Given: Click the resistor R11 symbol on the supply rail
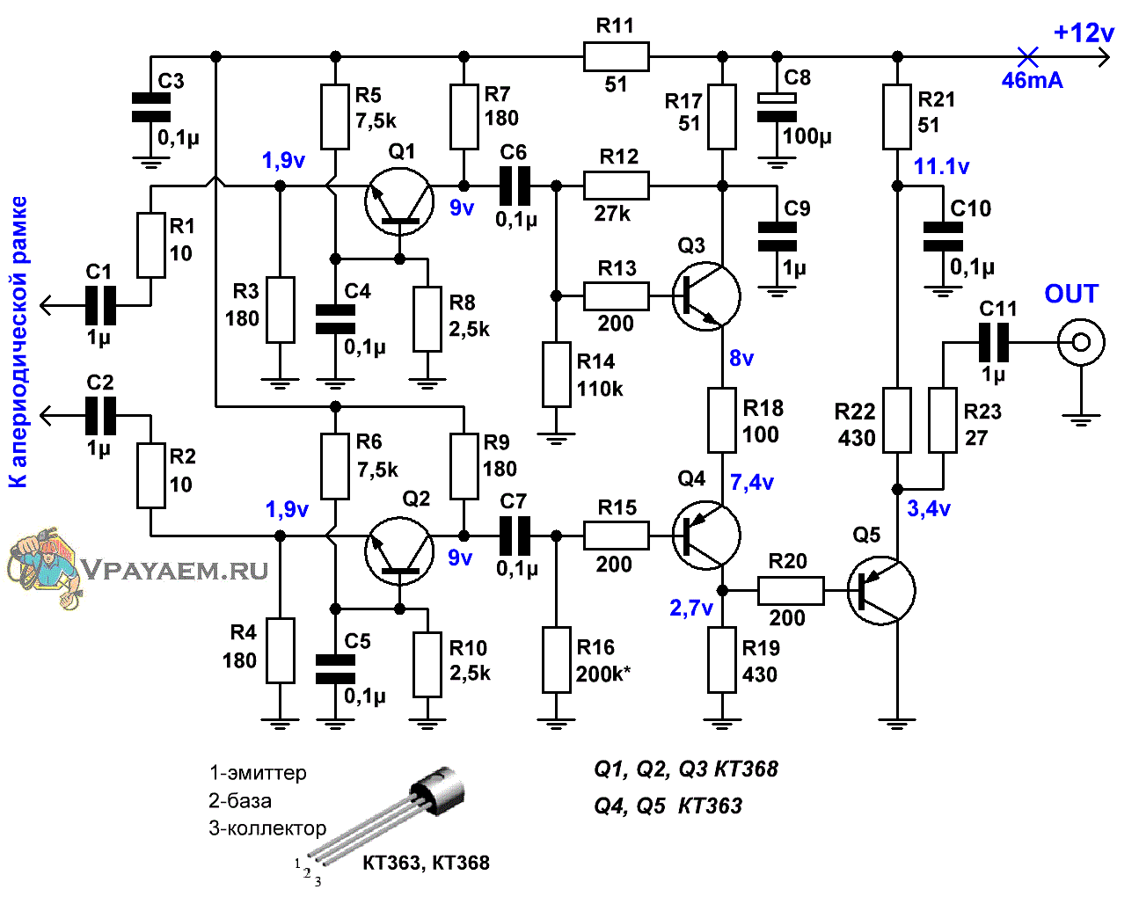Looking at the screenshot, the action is pyautogui.click(x=616, y=56).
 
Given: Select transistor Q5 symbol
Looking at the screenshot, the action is pyautogui.click(x=880, y=591).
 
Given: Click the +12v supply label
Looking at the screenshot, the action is pyautogui.click(x=1084, y=33).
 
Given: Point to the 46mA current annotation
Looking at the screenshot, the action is pyautogui.click(x=1032, y=80).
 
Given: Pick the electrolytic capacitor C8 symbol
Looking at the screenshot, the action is pyautogui.click(x=777, y=107).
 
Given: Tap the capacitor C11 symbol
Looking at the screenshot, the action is pyautogui.click(x=994, y=342).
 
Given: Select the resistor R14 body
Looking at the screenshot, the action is pyautogui.click(x=556, y=375).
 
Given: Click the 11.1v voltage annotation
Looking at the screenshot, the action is pyautogui.click(x=942, y=167).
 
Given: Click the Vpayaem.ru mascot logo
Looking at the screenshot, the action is pyautogui.click(x=45, y=567).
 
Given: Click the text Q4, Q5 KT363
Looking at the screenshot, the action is pyautogui.click(x=668, y=806).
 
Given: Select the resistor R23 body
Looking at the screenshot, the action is pyautogui.click(x=943, y=420).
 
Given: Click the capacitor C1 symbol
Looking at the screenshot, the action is pyautogui.click(x=100, y=305).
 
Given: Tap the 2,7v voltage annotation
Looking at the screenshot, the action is pyautogui.click(x=691, y=609).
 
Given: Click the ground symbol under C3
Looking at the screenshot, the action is pyautogui.click(x=151, y=163).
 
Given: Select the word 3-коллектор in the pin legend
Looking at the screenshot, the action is pyautogui.click(x=267, y=828).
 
